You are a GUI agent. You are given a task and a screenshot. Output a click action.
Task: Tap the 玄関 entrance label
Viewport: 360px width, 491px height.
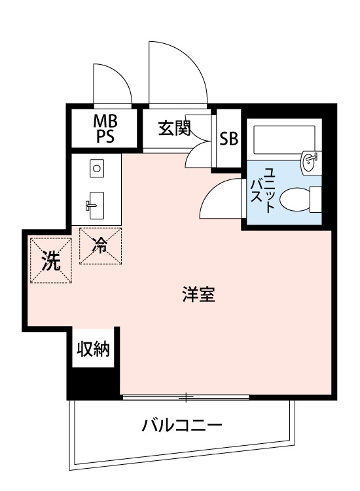[x=173, y=128]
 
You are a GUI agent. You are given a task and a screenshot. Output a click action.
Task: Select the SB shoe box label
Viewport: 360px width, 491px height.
[x=228, y=139]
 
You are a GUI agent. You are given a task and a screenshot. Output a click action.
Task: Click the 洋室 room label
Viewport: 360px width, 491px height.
[x=199, y=295]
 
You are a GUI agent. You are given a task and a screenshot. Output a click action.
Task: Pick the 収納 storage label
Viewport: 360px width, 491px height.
[x=93, y=349]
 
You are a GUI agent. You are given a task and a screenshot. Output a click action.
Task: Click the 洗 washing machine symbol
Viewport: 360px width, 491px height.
[x=50, y=261]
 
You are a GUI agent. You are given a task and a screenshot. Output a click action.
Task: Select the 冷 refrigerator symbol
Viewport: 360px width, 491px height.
[x=101, y=245]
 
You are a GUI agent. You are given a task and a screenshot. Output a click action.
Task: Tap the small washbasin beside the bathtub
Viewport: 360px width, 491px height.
[x=310, y=160]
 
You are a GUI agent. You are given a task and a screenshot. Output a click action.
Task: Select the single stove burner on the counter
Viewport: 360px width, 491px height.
[x=96, y=168]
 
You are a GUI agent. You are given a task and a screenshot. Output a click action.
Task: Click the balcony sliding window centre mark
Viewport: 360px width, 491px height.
[x=187, y=397]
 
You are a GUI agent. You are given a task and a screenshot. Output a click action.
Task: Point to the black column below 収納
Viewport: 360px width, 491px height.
[x=94, y=384]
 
